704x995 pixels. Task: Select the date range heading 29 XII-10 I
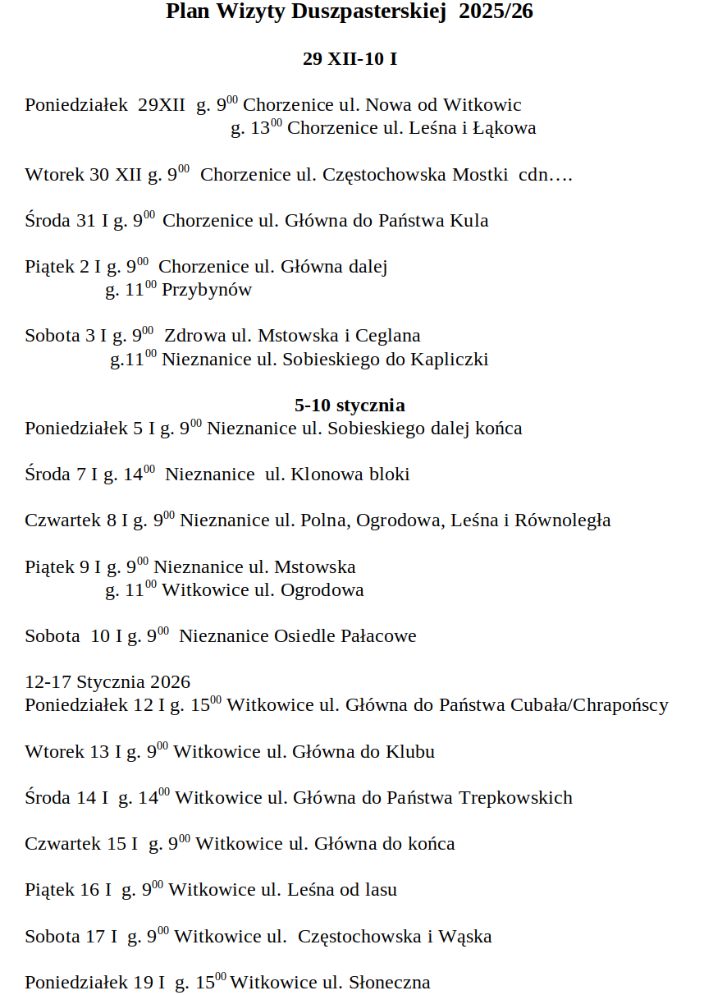click(350, 59)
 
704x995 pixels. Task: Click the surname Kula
click(469, 221)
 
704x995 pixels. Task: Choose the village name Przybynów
click(207, 290)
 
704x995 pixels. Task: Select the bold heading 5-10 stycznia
click(350, 406)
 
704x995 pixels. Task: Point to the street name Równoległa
click(563, 520)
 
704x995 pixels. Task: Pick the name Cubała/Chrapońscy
click(589, 705)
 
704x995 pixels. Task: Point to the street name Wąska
click(465, 937)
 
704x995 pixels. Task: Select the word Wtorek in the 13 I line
click(55, 752)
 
